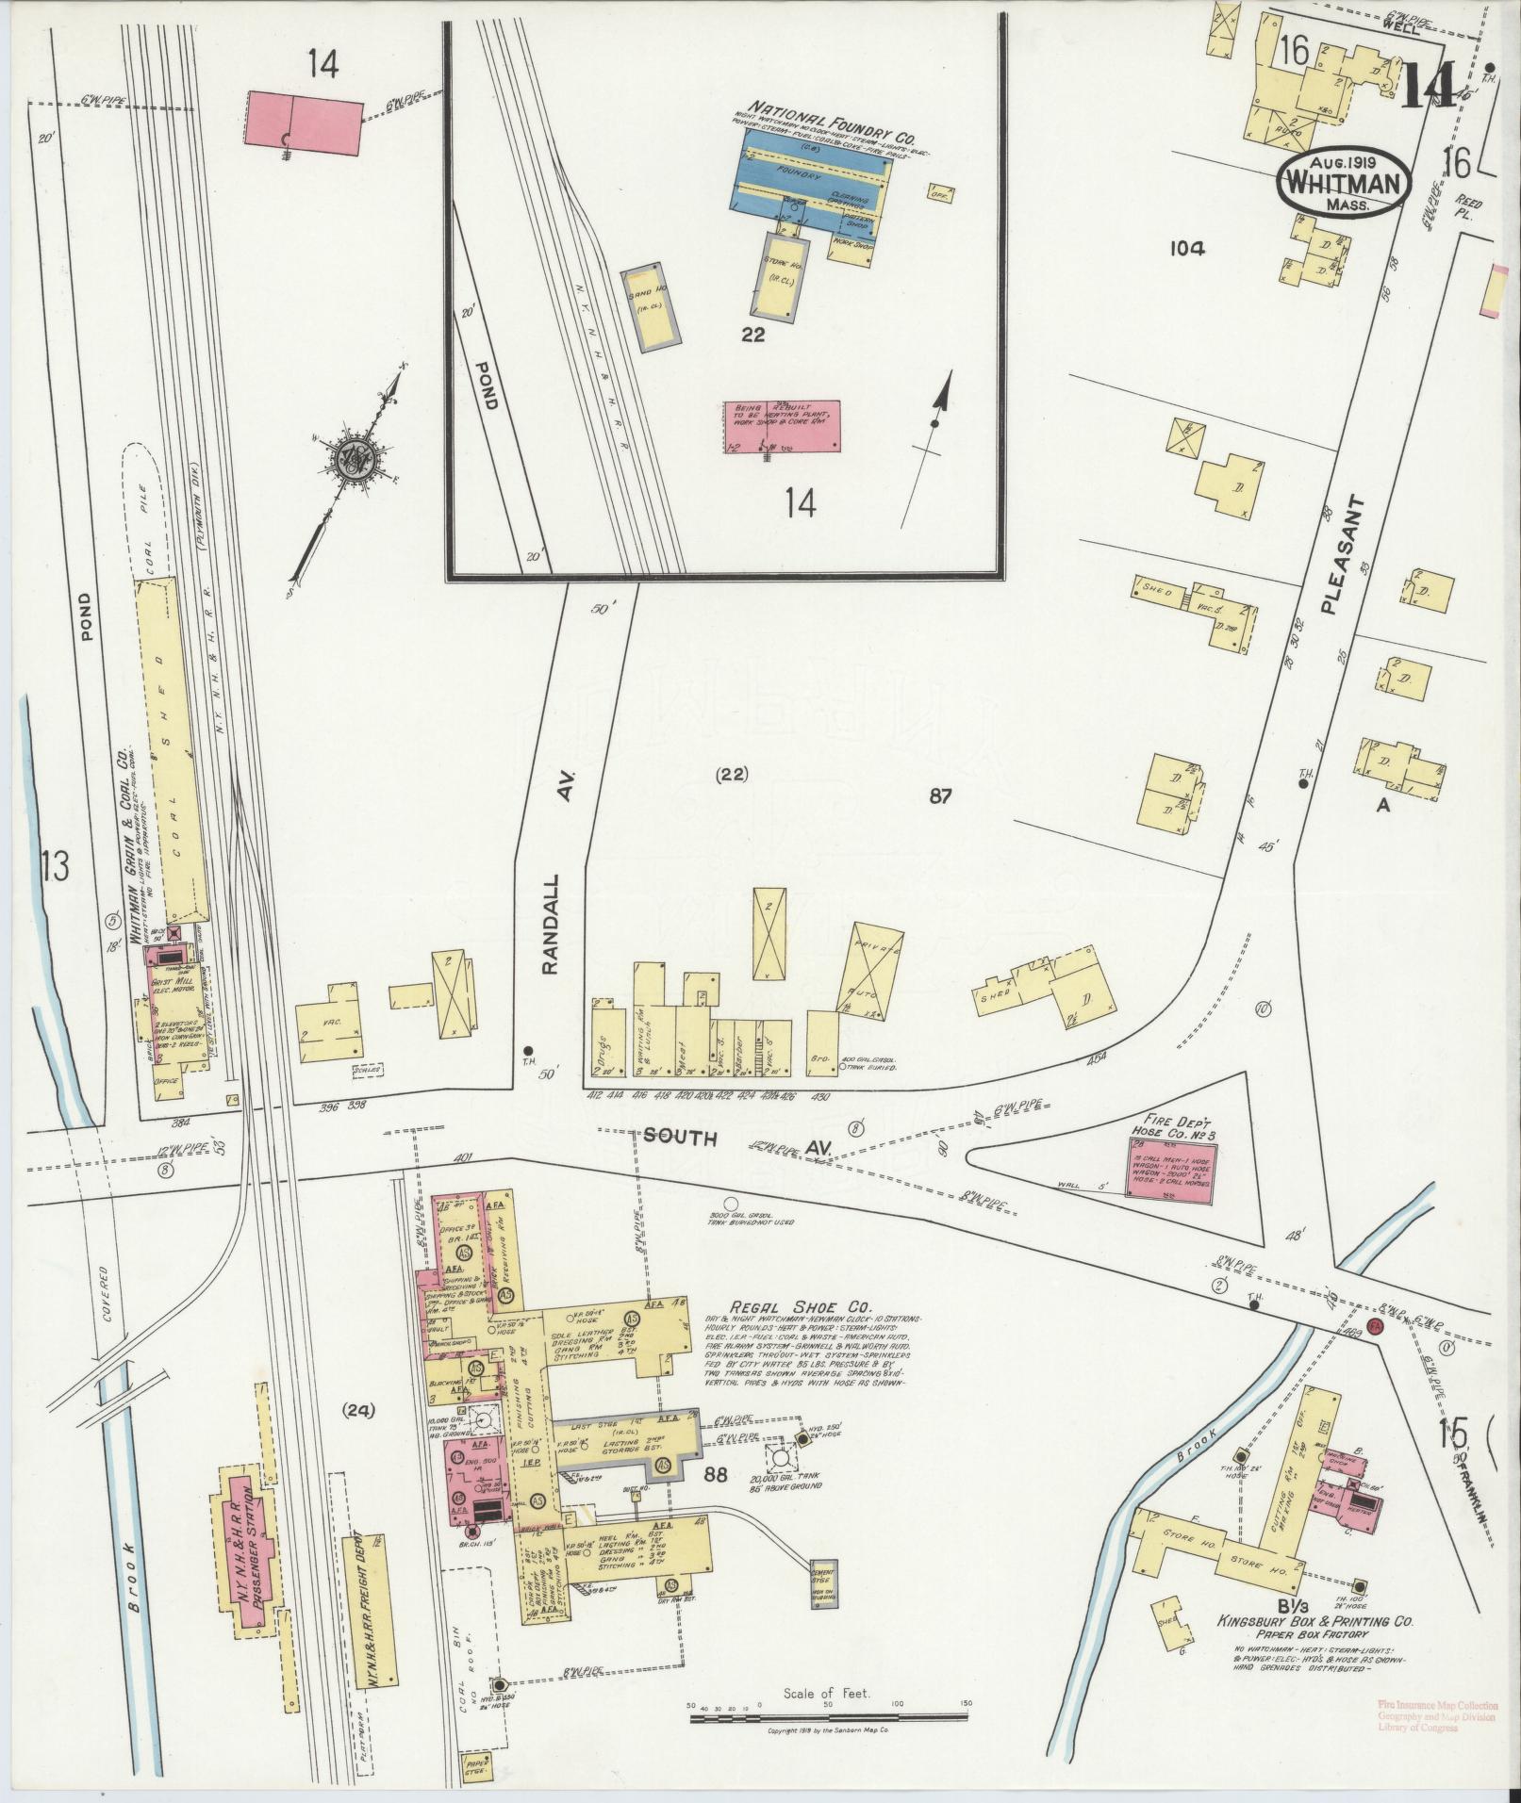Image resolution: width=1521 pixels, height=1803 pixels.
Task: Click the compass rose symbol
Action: pyautogui.click(x=359, y=459)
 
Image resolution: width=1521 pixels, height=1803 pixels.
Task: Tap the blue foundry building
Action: pyautogui.click(x=811, y=178)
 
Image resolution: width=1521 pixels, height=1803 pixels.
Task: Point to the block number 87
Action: pyautogui.click(x=939, y=796)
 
